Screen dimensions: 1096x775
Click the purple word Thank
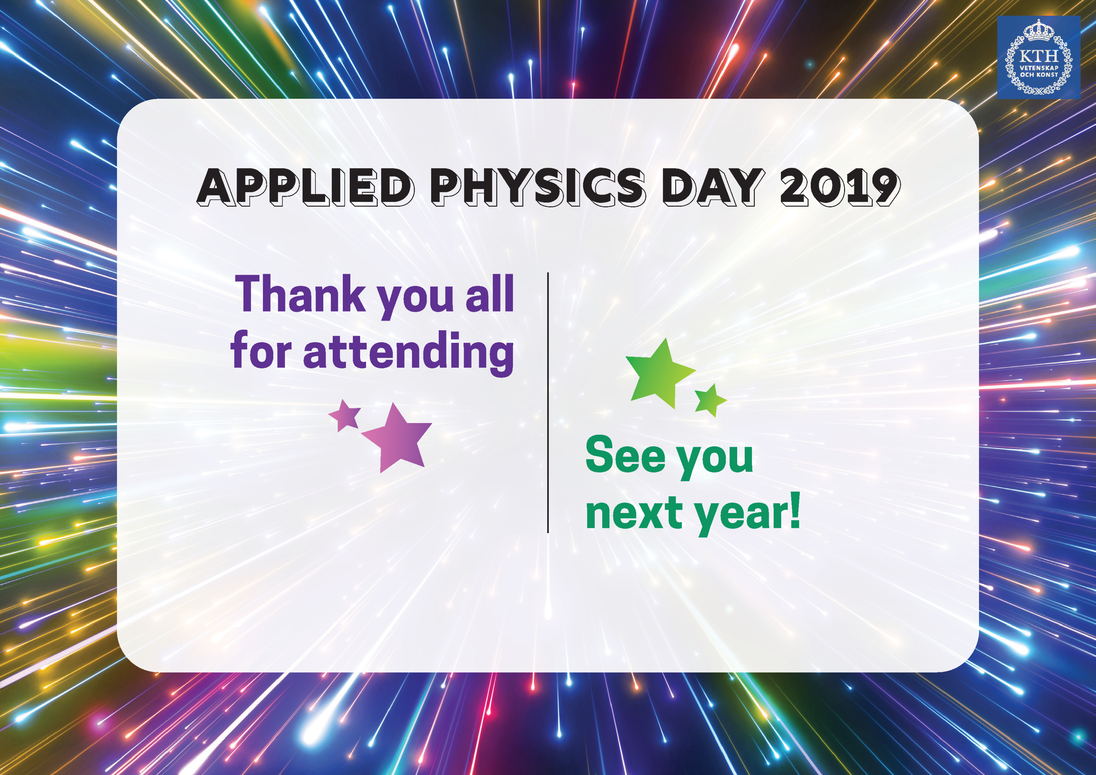tap(301, 294)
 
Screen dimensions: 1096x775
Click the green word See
tap(625, 455)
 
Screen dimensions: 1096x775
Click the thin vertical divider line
tap(548, 402)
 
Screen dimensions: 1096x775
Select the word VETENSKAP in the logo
tap(1039, 68)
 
